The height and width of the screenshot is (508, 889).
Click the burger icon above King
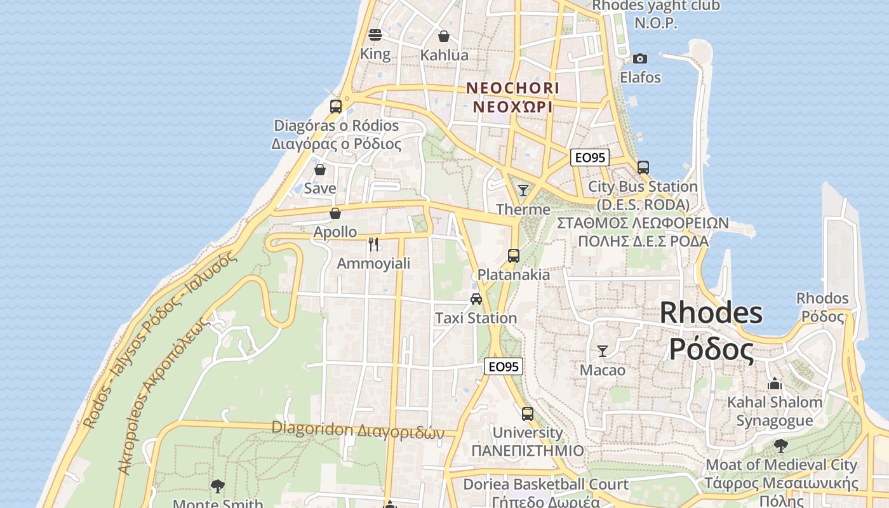[x=375, y=34]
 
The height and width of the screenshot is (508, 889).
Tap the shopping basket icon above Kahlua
[x=444, y=36]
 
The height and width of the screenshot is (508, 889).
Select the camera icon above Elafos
[x=640, y=58]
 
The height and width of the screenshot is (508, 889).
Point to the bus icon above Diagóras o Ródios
[x=336, y=106]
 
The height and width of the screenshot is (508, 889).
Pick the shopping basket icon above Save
[x=320, y=170]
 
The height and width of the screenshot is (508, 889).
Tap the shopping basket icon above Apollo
[x=335, y=213]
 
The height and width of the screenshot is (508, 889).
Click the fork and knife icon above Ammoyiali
[x=373, y=244]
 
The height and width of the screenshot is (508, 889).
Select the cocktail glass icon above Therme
[x=523, y=190]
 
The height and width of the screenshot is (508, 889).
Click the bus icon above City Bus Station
[x=643, y=168]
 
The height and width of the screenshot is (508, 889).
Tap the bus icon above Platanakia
[x=514, y=256]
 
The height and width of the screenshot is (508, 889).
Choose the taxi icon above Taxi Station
[x=476, y=299]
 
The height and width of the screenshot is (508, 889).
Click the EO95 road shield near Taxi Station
[x=504, y=366]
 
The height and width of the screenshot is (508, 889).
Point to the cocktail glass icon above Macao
[x=603, y=351]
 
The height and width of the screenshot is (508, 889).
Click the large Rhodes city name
[x=711, y=331]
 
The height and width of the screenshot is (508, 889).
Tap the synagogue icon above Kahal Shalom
[x=774, y=384]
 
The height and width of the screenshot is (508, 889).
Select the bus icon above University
[x=528, y=414]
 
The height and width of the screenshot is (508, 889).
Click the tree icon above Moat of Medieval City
[x=781, y=446]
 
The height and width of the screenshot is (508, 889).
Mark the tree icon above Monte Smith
[x=218, y=486]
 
